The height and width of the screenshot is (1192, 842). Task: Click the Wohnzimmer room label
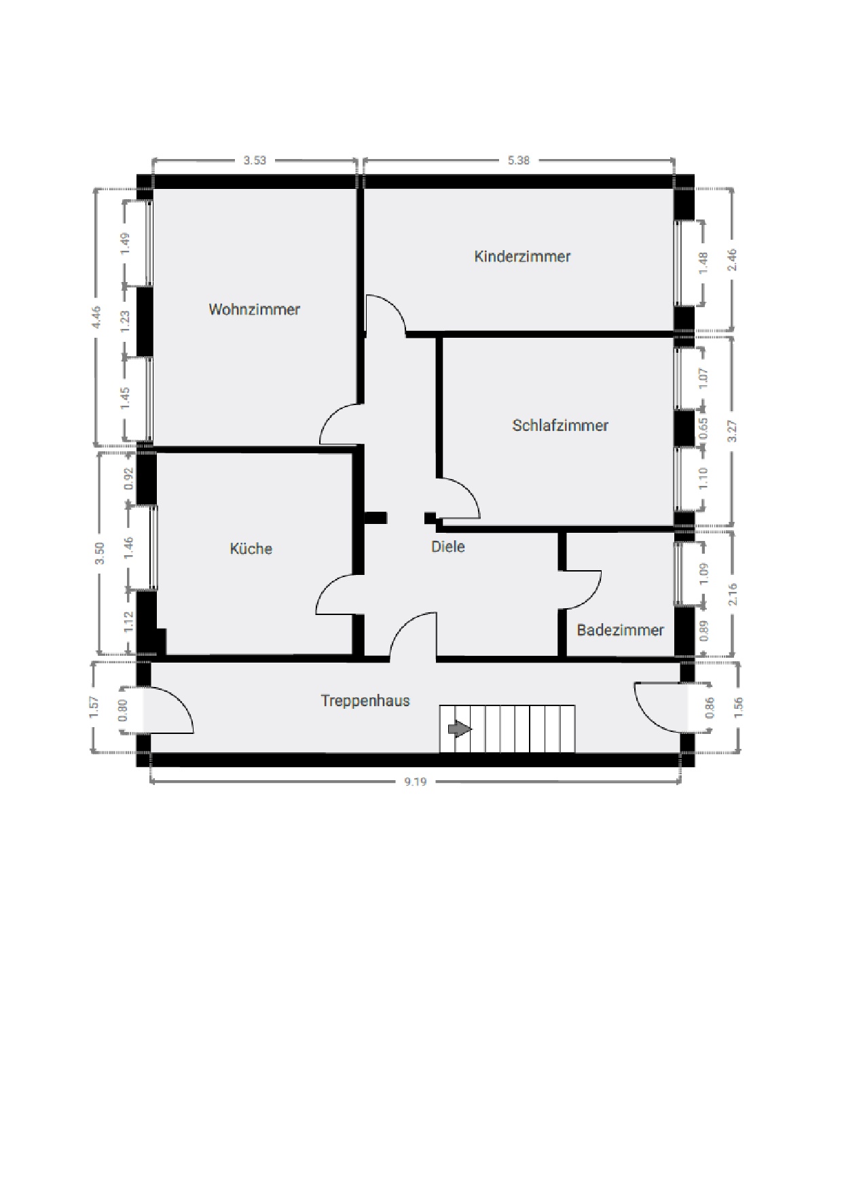pos(254,309)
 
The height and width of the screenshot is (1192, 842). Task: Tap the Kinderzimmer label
pos(522,256)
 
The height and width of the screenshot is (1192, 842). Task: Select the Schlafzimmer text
pos(560,425)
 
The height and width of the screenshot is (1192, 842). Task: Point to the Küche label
pos(251,548)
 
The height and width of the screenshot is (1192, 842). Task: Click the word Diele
pos(448,546)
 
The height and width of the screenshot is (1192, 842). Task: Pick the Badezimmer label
pos(620,630)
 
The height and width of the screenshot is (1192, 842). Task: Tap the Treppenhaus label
pos(365,701)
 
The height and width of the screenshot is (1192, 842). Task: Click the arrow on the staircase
pos(460,729)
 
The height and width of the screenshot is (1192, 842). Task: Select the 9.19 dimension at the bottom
pos(416,782)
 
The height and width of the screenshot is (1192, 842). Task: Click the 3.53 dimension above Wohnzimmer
pos(255,160)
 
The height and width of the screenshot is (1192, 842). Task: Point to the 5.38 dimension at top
pos(518,160)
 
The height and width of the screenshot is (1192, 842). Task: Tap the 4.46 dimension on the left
pos(96,317)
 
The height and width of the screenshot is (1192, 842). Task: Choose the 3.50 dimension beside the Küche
pos(100,553)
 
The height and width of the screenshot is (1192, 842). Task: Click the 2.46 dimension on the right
pos(732,261)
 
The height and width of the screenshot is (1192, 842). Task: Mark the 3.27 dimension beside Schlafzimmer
pos(732,431)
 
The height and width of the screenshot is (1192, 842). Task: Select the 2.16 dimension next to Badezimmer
pos(732,594)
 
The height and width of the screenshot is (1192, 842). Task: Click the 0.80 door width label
pos(123,710)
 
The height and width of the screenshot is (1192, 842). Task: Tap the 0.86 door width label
pos(710,708)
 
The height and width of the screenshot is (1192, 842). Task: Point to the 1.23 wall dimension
pos(124,321)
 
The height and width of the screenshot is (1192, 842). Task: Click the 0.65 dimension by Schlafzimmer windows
pos(703,429)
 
